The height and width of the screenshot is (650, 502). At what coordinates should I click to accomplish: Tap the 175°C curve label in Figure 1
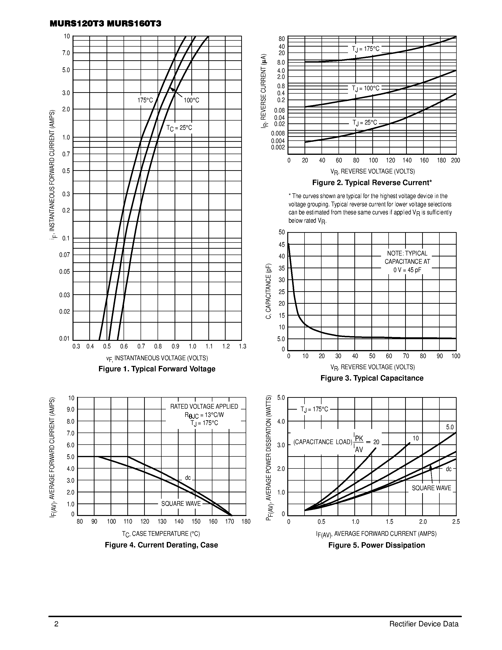tap(145, 100)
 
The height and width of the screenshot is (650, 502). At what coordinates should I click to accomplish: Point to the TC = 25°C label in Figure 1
tap(179, 128)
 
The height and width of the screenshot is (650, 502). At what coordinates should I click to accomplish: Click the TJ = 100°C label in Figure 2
tap(365, 88)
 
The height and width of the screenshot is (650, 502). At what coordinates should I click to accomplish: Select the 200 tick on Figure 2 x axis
tap(455, 160)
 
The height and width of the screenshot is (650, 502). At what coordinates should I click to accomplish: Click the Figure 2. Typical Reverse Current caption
tap(372, 183)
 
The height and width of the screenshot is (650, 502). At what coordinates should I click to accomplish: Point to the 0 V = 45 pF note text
tap(407, 270)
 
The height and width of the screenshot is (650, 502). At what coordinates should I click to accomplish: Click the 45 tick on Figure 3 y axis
tap(281, 244)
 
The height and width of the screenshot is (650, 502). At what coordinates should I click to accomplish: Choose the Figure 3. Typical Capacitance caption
tap(372, 378)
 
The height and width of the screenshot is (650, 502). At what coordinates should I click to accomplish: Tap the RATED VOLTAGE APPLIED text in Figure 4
tap(204, 407)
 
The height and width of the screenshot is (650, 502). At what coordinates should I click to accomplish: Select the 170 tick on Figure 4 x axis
tap(229, 522)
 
